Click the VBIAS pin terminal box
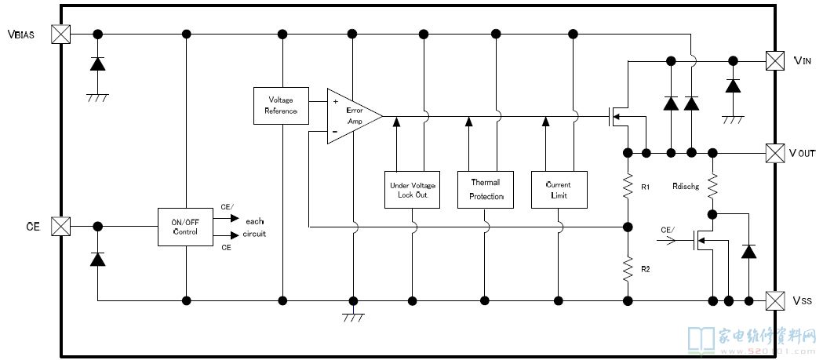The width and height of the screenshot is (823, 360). click(60, 34)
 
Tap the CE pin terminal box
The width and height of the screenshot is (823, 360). click(60, 226)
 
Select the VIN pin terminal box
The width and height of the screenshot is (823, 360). click(774, 60)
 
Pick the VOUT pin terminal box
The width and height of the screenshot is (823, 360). click(774, 151)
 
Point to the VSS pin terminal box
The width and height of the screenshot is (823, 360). click(774, 300)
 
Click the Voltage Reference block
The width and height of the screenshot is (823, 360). click(281, 105)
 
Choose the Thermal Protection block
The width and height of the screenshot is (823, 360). click(485, 189)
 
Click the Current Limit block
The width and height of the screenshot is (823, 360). click(559, 189)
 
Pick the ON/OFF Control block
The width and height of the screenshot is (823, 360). click(185, 227)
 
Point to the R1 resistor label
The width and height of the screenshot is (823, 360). click(646, 188)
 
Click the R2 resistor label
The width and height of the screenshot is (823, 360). click(646, 269)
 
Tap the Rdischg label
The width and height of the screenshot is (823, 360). click(686, 187)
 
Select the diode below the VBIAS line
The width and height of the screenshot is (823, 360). click(97, 64)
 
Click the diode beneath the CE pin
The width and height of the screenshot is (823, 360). click(97, 259)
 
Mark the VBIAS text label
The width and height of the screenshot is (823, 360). click(21, 35)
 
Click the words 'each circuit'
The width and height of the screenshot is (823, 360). click(254, 227)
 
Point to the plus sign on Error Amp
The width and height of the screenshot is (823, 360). click(335, 101)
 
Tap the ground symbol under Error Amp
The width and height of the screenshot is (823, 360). click(353, 316)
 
